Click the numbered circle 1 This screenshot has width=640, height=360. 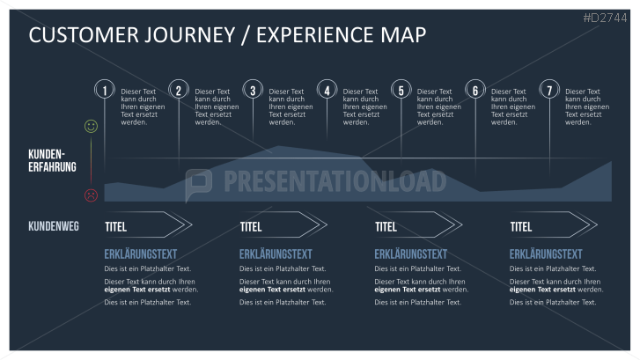[105, 90]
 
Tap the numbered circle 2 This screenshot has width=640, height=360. [179, 90]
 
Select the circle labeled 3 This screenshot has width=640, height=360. [253, 90]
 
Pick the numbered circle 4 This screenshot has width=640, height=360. [327, 90]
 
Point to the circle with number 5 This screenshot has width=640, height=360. [401, 90]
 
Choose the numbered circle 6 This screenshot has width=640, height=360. [475, 90]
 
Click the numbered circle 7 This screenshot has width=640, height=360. [549, 90]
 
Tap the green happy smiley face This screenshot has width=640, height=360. [91, 127]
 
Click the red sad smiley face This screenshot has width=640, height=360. [91, 195]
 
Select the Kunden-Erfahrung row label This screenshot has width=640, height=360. [52, 160]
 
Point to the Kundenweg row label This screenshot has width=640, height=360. [54, 226]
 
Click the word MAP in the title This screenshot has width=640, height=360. [405, 35]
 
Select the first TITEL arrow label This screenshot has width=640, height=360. [116, 227]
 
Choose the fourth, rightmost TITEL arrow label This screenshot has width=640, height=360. [521, 227]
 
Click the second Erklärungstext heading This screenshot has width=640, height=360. [276, 253]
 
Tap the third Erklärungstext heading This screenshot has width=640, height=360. [410, 253]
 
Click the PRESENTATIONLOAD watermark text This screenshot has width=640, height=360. [335, 181]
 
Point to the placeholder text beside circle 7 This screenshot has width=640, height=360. [583, 107]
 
